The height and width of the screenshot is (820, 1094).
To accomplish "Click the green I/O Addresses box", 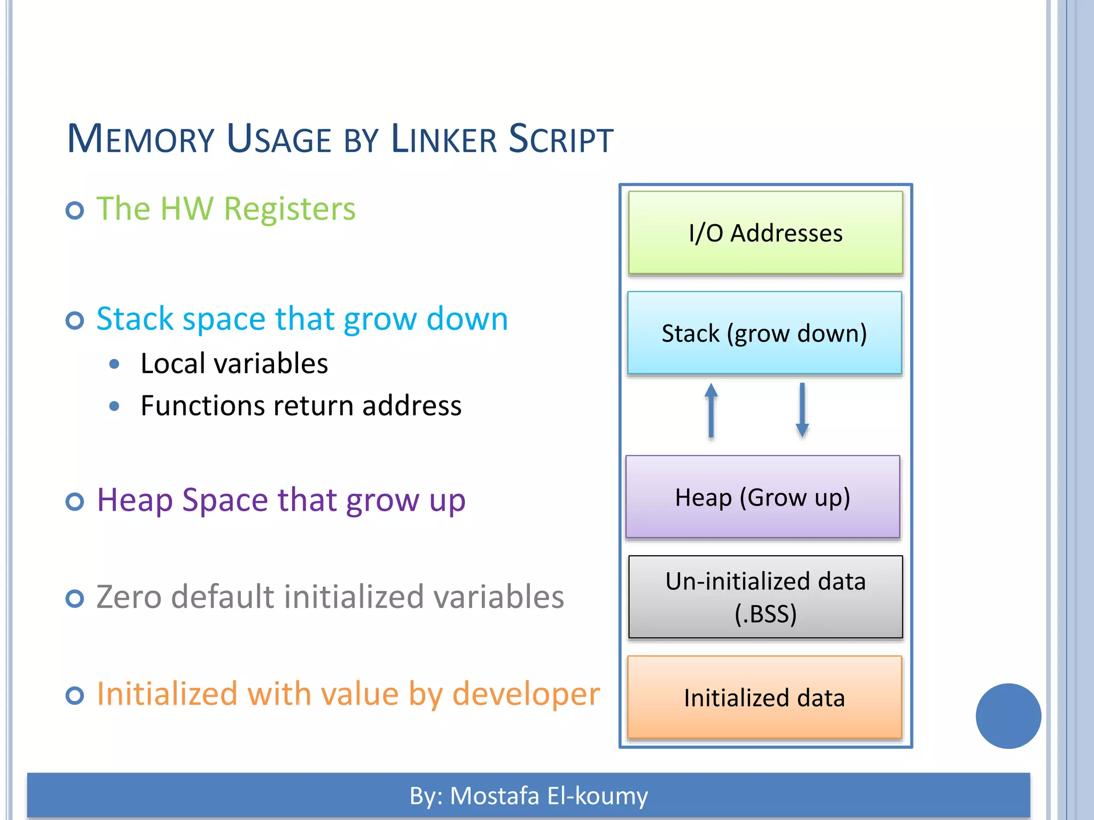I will tap(765, 233).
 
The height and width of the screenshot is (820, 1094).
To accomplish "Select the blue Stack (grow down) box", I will tap(764, 333).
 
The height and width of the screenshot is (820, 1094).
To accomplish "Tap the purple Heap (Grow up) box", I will tap(762, 496).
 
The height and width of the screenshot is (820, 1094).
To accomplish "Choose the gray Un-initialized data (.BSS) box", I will tap(765, 596).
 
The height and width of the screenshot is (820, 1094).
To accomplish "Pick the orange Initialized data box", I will tap(764, 697).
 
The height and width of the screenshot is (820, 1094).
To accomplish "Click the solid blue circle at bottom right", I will tap(1008, 716).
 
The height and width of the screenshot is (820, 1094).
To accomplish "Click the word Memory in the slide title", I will tap(140, 139).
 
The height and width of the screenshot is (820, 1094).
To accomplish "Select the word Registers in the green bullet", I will tap(290, 209).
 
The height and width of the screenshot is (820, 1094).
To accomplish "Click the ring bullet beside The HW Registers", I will tap(75, 210).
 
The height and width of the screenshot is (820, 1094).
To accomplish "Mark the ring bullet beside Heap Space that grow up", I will tap(75, 502).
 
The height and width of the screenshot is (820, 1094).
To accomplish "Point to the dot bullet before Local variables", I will tap(114, 365).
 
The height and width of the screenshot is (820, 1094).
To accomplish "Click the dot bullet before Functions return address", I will tap(114, 406).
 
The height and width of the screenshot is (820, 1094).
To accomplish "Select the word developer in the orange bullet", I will tap(526, 695).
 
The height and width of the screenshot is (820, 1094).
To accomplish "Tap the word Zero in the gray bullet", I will tap(128, 597).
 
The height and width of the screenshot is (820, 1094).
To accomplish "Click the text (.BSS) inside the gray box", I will tap(765, 614).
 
